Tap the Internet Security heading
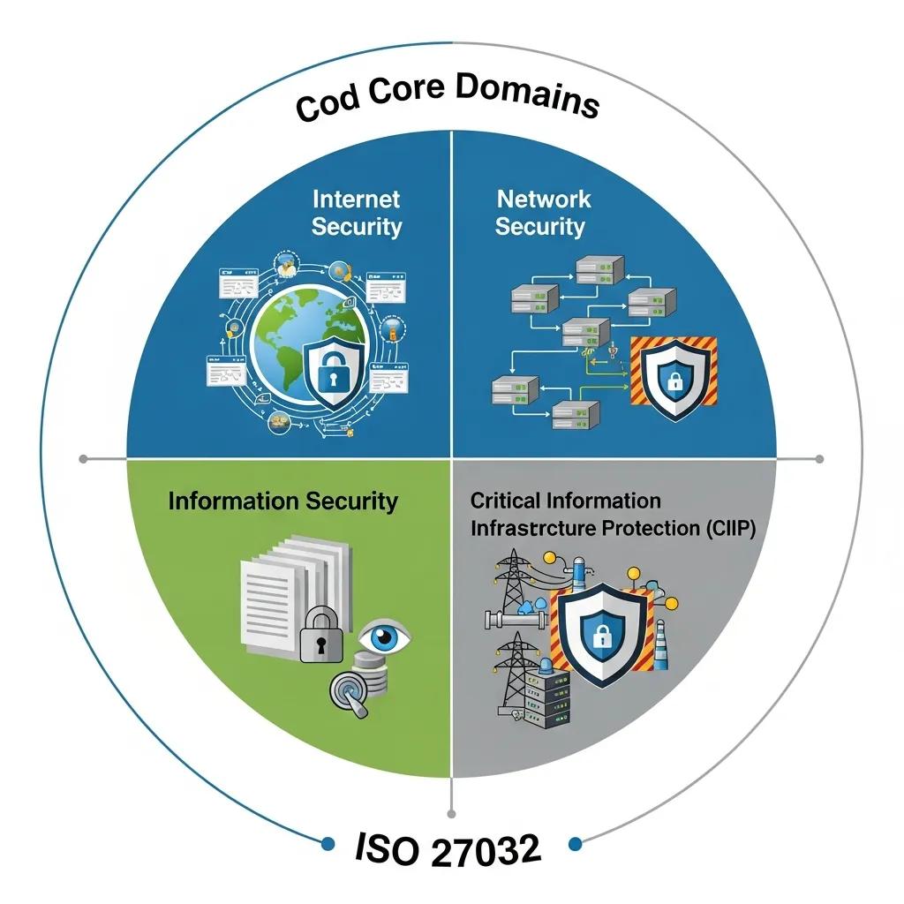pos(357,213)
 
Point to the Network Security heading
pos(540,212)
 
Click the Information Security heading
pos(282,501)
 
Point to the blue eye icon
pos(386,637)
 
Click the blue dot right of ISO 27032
pos(576,844)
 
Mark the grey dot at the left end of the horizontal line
pos(84,459)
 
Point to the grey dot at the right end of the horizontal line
pos(819,459)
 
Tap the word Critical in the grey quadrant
pos(506,501)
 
